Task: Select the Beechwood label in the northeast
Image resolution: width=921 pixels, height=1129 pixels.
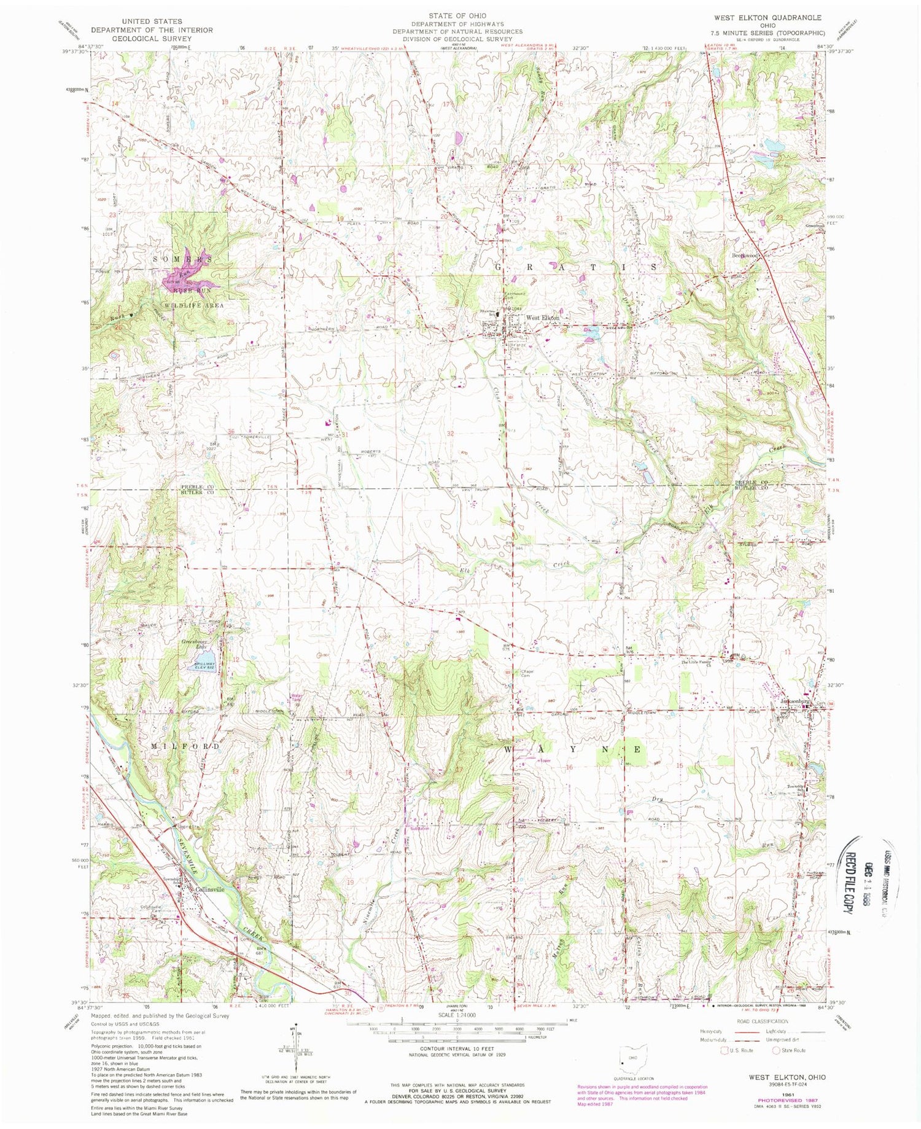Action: coord(745,255)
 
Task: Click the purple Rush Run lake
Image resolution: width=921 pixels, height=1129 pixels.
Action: coord(182,276)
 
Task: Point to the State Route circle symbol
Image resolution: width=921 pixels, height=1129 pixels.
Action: coord(777,1050)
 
